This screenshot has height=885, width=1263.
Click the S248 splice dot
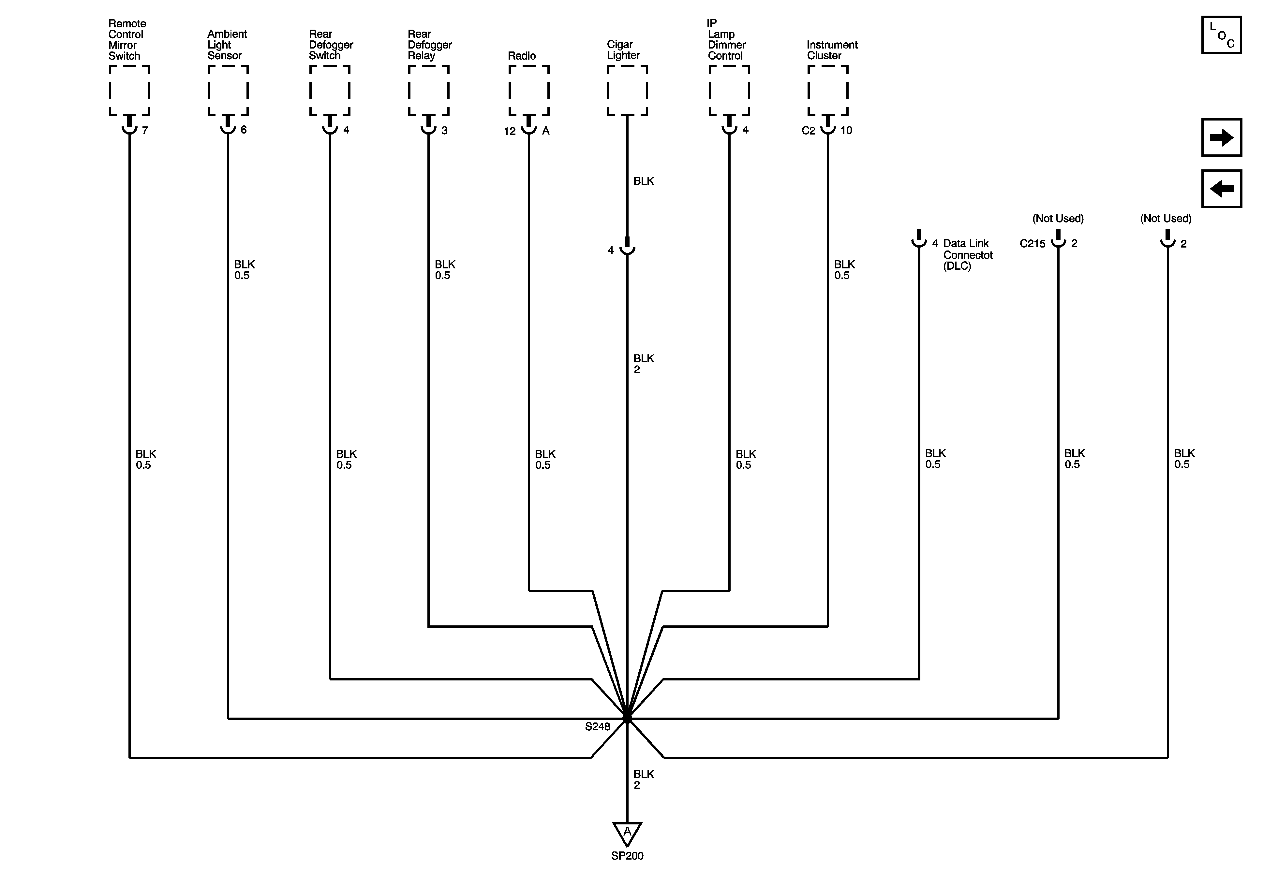click(627, 719)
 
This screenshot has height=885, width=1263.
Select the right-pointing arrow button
click(1221, 137)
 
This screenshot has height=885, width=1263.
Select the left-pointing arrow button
click(1221, 189)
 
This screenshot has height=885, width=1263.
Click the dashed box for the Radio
click(528, 91)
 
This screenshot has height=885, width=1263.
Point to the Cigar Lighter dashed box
click(627, 91)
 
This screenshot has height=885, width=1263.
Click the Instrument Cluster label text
click(832, 50)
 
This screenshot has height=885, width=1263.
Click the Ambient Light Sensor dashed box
click(228, 91)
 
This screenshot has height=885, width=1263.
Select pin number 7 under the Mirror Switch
click(145, 130)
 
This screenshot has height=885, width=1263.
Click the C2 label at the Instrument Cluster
click(808, 131)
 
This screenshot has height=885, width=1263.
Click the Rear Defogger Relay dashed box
click(428, 91)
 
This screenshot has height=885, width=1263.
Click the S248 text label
click(597, 727)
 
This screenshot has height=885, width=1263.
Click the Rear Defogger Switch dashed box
click(330, 91)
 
